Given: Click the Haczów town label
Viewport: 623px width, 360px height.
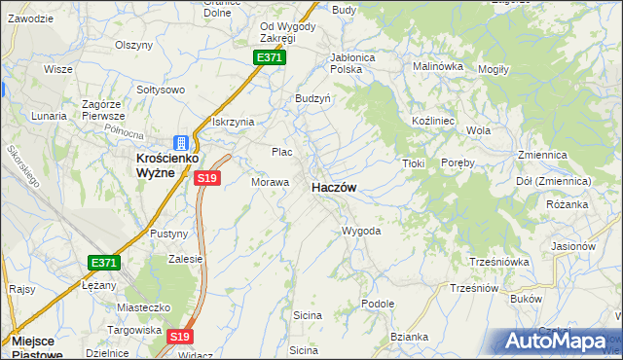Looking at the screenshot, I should [333, 188].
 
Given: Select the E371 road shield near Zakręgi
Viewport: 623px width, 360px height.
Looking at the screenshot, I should [270, 58].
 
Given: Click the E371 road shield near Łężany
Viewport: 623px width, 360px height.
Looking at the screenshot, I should [104, 264].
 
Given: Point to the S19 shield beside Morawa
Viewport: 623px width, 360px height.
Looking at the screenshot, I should [206, 178].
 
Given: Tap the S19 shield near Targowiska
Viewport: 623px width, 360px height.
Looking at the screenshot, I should [178, 337].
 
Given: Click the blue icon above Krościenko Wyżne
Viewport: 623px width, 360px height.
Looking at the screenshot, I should [180, 142].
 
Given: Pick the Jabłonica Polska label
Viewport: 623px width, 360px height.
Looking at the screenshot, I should [353, 63].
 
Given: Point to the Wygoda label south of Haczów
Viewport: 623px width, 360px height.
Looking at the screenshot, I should [360, 232].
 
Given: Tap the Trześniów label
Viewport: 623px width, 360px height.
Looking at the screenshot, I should [474, 288].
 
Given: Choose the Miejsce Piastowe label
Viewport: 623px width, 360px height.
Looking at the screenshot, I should [38, 347].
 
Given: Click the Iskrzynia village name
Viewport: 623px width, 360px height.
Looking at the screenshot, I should [233, 122].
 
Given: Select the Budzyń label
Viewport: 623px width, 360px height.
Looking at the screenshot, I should [313, 98].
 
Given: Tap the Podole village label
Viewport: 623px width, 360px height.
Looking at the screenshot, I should [377, 304].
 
